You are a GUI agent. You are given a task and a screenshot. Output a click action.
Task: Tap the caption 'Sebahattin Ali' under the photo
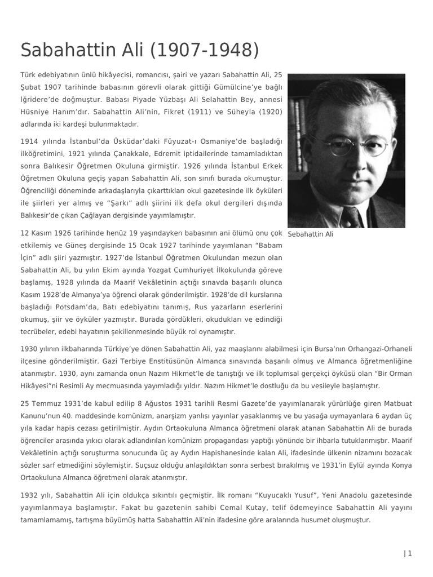[x=310, y=234]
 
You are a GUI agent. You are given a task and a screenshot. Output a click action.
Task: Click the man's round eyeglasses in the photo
[x=350, y=146]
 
